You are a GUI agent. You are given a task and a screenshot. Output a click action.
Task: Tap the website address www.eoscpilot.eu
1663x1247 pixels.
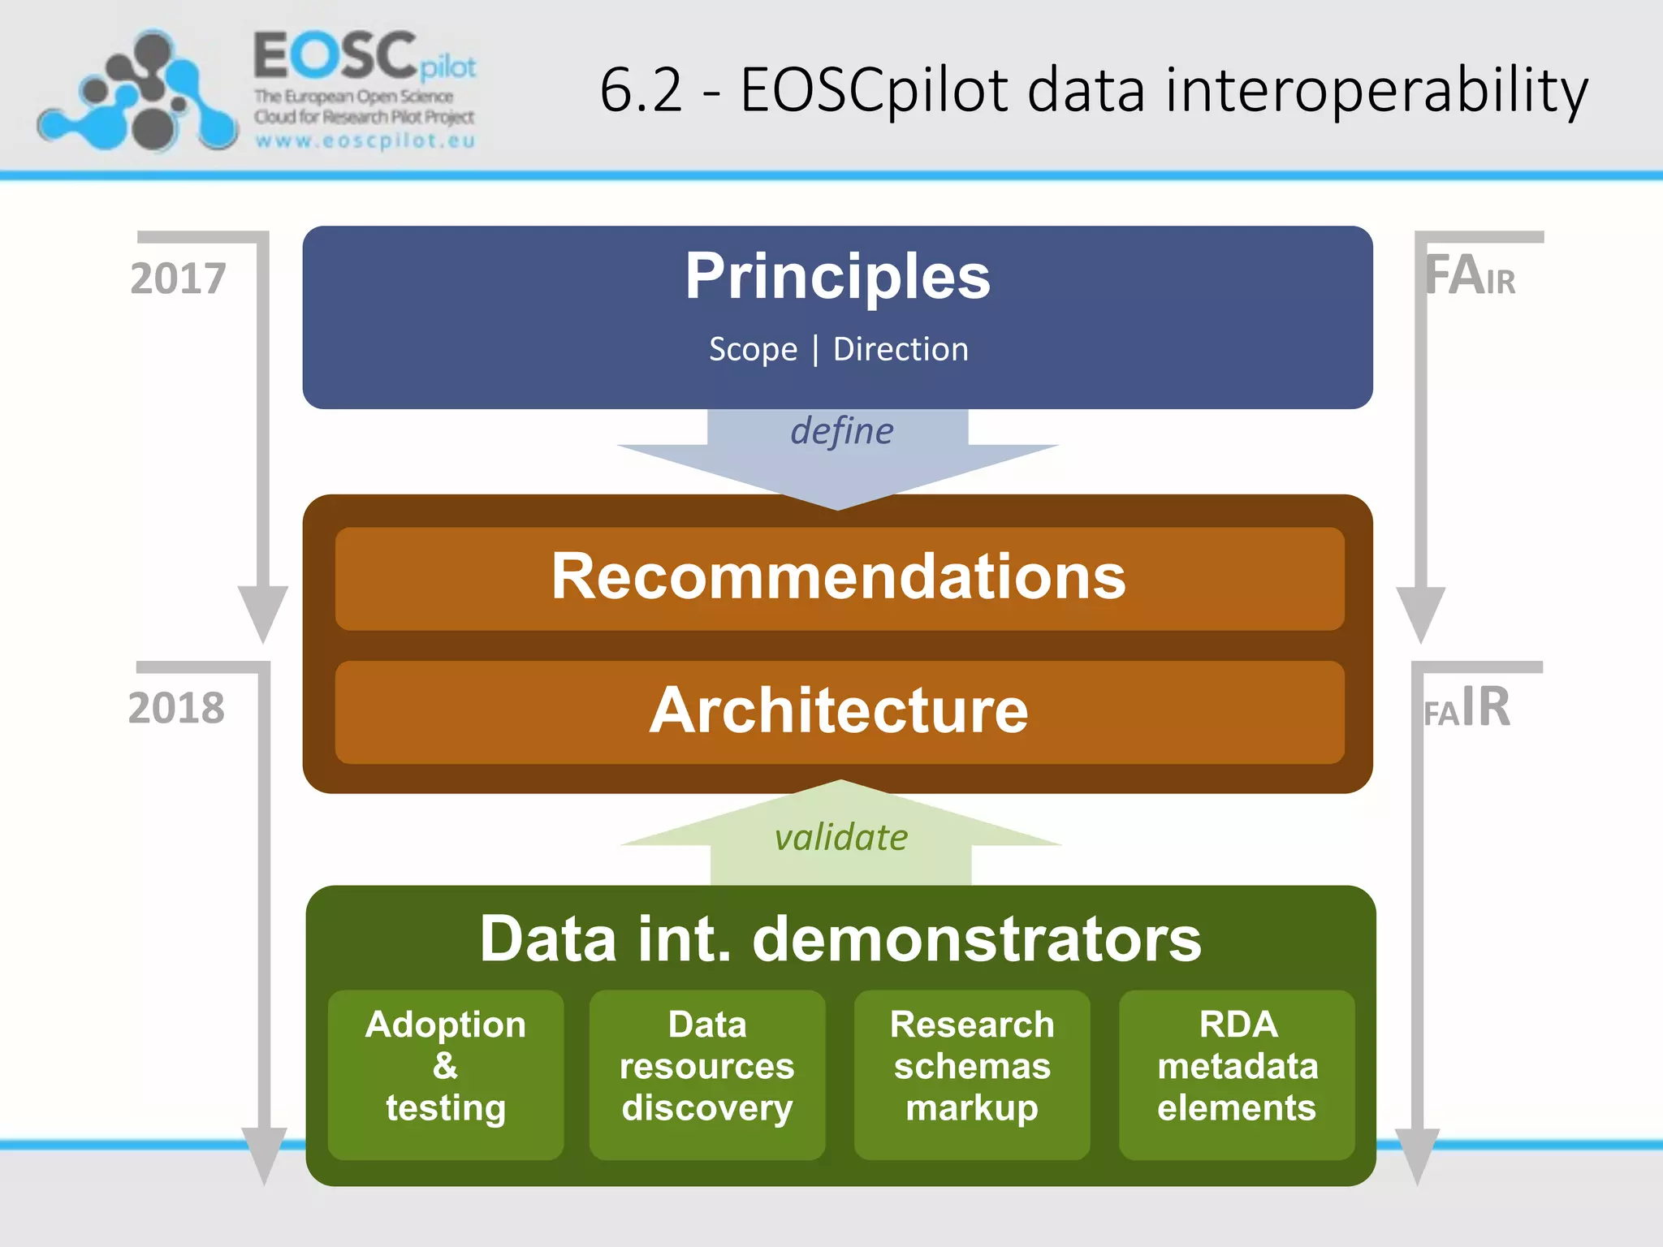(x=365, y=140)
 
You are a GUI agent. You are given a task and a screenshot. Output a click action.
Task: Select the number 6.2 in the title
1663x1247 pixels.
(x=641, y=91)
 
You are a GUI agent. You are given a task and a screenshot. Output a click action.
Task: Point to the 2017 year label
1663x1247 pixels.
(x=178, y=278)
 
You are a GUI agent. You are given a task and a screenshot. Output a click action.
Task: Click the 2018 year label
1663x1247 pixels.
(x=176, y=708)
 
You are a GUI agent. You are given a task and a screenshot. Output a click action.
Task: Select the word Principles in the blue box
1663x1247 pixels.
(x=837, y=276)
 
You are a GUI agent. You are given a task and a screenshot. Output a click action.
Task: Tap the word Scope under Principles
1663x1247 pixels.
(x=753, y=349)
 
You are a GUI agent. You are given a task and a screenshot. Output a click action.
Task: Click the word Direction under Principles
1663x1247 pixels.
(x=901, y=349)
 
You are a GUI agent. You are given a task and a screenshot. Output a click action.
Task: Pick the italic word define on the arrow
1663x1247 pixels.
(x=842, y=431)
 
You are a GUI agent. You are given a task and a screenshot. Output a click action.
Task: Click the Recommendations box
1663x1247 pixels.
(x=839, y=577)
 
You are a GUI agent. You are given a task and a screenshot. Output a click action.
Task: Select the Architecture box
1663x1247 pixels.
(x=839, y=711)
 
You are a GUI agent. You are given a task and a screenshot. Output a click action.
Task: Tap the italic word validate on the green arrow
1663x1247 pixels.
(x=841, y=837)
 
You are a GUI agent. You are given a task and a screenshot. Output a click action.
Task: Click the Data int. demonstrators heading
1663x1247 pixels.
(x=840, y=938)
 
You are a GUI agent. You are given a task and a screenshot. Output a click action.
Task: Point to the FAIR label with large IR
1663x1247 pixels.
(x=1467, y=708)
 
